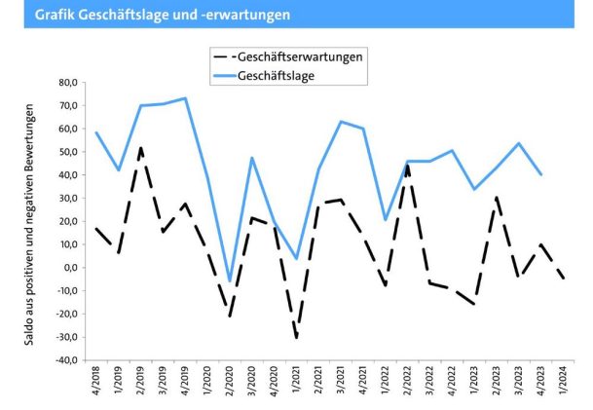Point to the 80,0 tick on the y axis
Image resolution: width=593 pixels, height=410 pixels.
click(69, 83)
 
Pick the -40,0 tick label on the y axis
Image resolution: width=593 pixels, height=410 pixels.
click(67, 360)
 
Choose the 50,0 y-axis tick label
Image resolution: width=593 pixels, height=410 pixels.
click(69, 152)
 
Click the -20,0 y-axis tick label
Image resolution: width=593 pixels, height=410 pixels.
click(67, 315)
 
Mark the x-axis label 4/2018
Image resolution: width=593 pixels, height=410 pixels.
click(96, 382)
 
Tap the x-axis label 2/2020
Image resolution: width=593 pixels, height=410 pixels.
click(230, 382)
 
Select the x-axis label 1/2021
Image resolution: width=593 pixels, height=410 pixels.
click(297, 382)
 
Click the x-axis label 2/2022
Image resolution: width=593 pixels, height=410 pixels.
click(407, 382)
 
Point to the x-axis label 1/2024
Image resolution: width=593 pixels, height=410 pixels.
click(564, 382)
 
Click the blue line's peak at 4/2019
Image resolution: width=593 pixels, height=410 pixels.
click(185, 98)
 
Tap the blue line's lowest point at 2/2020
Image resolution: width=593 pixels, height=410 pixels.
click(230, 281)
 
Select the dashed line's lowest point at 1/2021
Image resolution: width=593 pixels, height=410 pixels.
click(296, 338)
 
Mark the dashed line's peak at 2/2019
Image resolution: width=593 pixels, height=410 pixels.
click(141, 148)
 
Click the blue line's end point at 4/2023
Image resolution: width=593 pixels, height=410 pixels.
click(541, 174)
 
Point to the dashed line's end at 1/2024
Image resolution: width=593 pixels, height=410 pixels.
click(564, 279)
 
